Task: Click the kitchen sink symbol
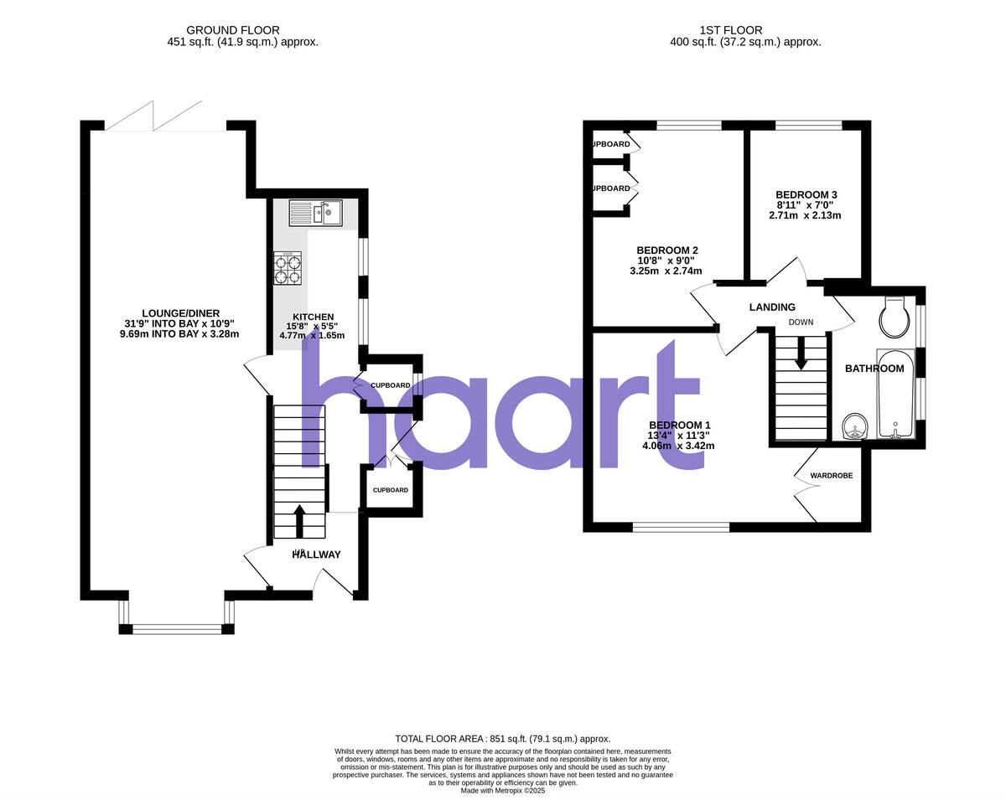coord(314,213)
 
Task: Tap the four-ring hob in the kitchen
coord(287,269)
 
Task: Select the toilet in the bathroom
coord(895,316)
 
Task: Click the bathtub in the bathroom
coord(896,394)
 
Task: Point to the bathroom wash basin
coord(854,426)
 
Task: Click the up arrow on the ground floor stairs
coord(298,519)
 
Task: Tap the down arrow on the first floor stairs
coord(801,352)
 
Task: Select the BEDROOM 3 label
coord(806,194)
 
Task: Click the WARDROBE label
coord(831,476)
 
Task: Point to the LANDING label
coord(772,307)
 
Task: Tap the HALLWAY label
coord(317,555)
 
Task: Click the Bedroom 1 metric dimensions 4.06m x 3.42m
coord(678,446)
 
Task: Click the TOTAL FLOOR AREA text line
coord(503,739)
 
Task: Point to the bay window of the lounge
coord(177,628)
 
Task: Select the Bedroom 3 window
coord(808,126)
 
